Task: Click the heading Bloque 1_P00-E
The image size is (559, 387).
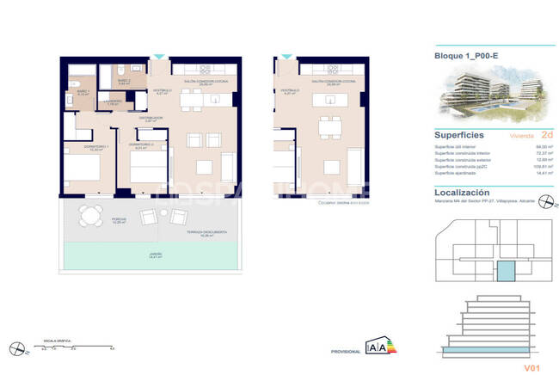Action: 468,57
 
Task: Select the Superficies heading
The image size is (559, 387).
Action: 459,135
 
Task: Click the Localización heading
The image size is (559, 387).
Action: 462,193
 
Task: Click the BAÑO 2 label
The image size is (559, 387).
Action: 124,80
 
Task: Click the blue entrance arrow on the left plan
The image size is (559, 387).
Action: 159,58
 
